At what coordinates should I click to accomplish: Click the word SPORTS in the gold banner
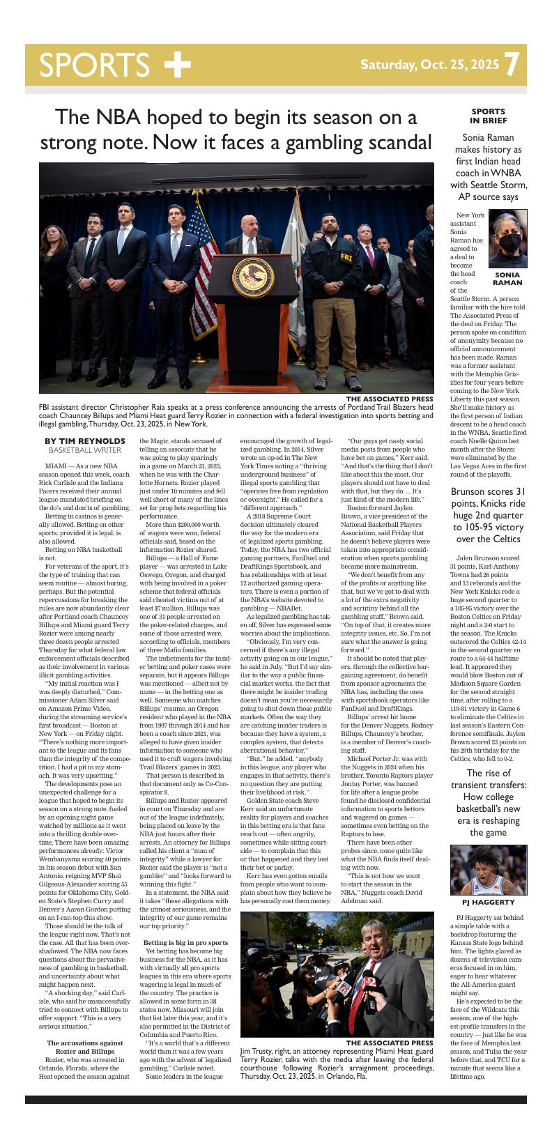94,65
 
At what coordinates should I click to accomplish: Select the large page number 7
512,65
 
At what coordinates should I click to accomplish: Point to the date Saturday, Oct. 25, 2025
429,65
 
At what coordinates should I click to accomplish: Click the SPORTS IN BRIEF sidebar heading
489,116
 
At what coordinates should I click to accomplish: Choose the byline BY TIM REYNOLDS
84,441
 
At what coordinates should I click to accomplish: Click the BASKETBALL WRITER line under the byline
84,450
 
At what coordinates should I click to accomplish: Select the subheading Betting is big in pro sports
185,943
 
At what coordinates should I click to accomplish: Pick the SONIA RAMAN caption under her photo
507,279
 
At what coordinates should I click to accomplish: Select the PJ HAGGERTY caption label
489,903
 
